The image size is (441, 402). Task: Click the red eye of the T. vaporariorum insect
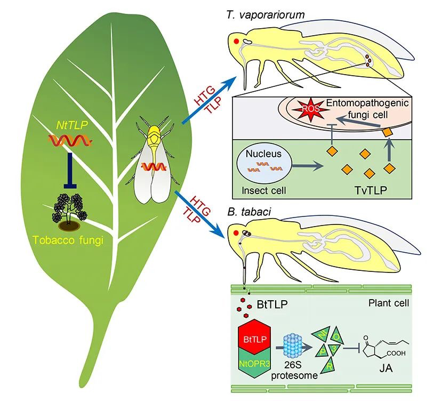(x=236, y=41)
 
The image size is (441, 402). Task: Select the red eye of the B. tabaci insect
(x=236, y=232)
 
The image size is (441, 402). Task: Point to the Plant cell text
(x=388, y=303)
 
